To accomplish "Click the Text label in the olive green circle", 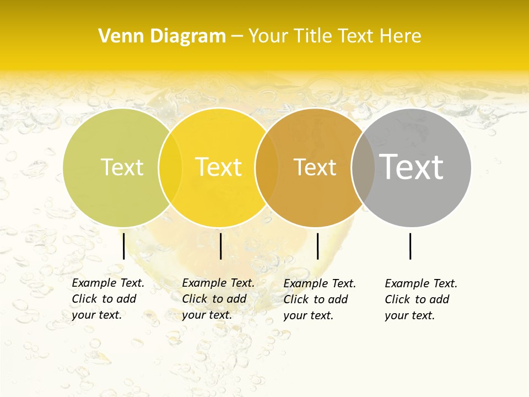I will tap(122, 167).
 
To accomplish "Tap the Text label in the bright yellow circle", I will tap(219, 167).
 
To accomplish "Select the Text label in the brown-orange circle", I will tap(315, 167).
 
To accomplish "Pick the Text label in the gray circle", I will tap(412, 167).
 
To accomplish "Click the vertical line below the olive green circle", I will tap(123, 246).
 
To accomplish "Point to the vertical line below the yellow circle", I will tap(220, 246).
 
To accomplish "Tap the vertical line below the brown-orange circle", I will tap(317, 246).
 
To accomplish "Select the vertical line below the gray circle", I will tap(410, 246).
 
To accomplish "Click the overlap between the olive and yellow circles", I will tap(170, 167).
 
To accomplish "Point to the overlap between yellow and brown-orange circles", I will tap(267, 167).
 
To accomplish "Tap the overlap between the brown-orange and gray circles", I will tap(363, 167).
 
